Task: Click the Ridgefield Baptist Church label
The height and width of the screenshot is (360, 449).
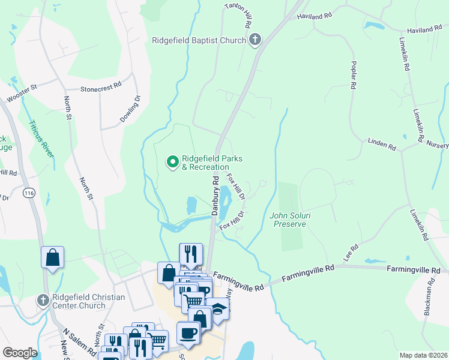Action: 198,40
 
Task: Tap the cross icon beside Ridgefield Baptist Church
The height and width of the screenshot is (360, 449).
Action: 255,40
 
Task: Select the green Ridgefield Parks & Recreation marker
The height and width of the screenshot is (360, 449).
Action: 173,161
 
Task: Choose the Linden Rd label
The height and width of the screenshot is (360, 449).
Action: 382,144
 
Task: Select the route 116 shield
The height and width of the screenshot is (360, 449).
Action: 28,193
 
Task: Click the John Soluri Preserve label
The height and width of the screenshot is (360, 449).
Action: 289,220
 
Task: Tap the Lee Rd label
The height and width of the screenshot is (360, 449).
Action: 351,250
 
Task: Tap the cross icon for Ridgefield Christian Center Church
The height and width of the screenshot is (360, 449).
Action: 42,299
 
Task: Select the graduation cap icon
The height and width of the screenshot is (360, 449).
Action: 218,308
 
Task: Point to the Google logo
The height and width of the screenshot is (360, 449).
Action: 20,353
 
